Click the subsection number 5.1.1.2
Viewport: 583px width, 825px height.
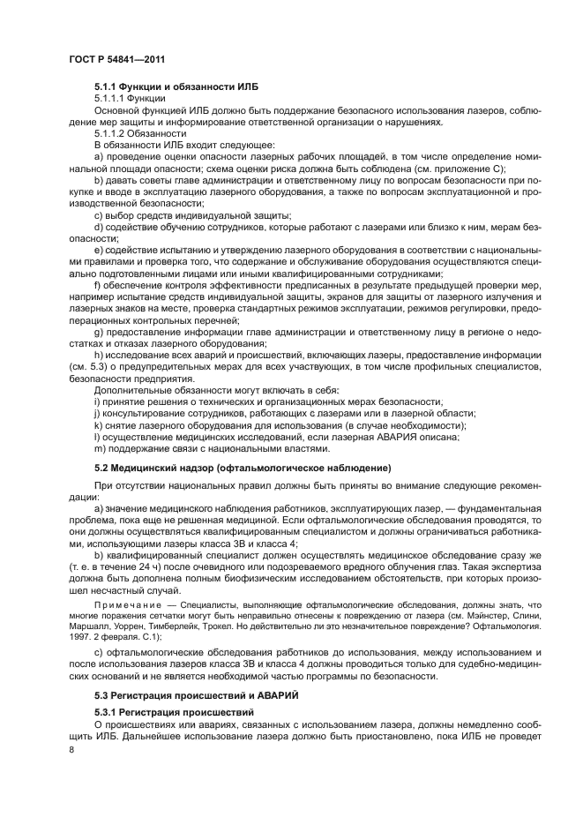(x=113, y=133)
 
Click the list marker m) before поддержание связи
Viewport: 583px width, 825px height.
(x=99, y=448)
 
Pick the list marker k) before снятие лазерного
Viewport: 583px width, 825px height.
(x=98, y=425)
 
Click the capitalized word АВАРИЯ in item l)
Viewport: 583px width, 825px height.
(x=393, y=437)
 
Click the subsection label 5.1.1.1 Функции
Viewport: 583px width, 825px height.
(x=130, y=99)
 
